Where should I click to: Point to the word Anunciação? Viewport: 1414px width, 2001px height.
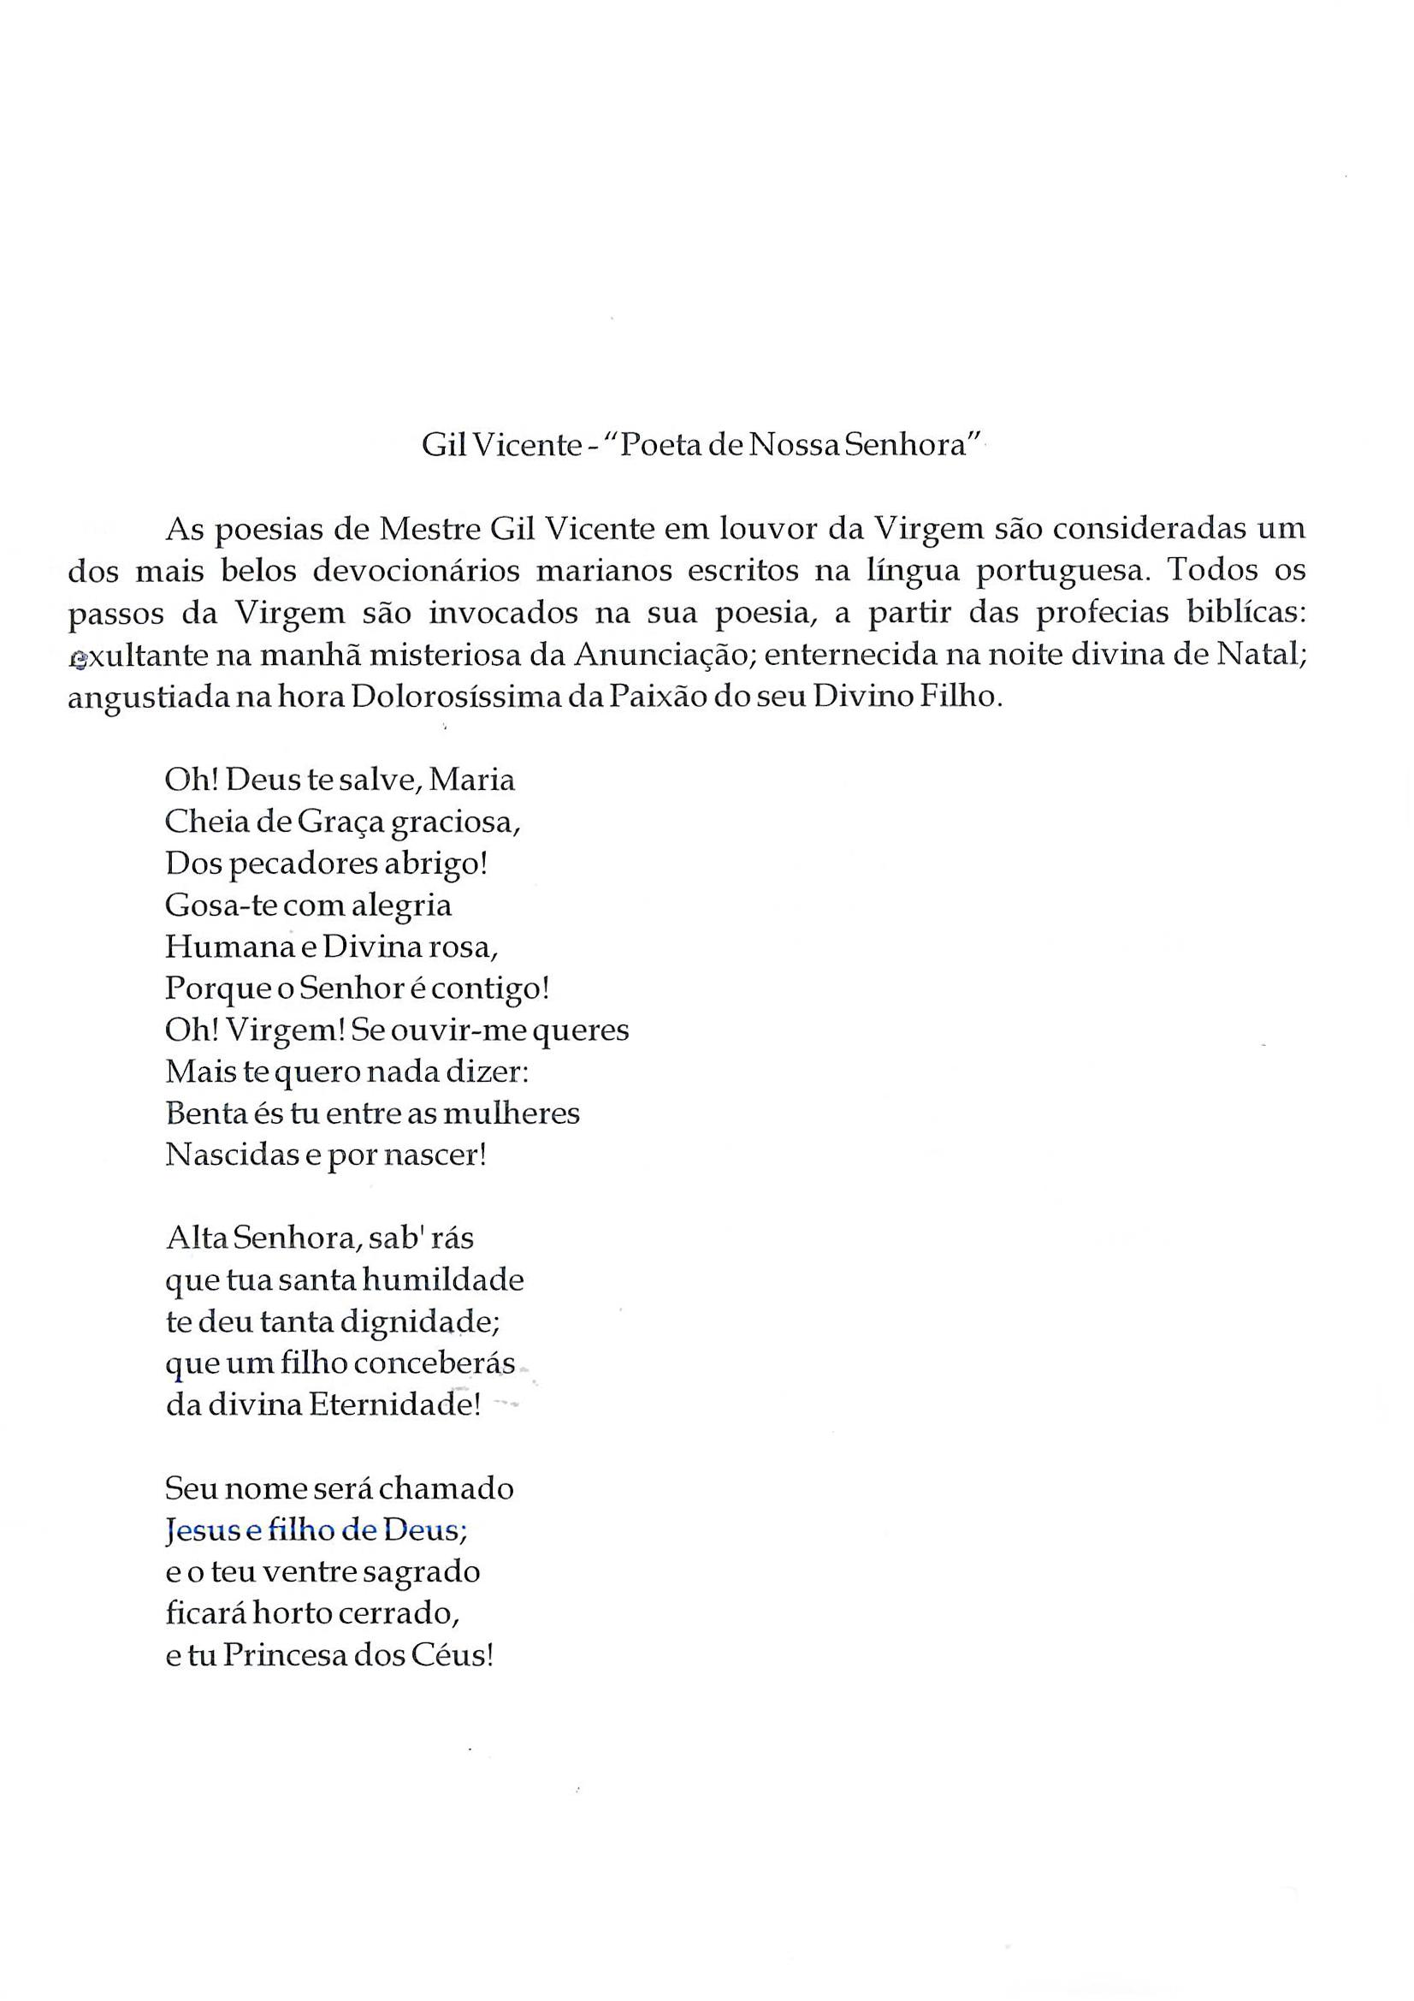click(659, 655)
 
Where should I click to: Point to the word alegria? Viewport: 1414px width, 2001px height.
click(402, 905)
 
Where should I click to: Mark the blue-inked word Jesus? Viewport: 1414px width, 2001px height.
click(197, 1530)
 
